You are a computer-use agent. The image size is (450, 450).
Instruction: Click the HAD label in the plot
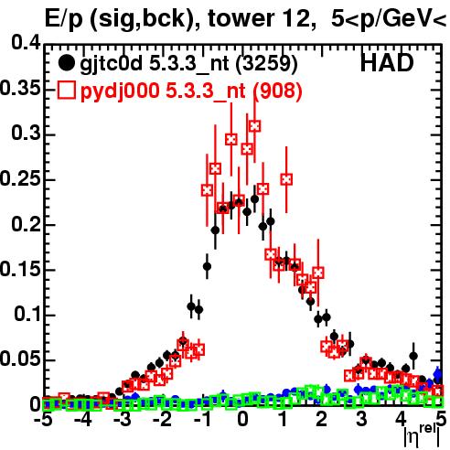coord(387,63)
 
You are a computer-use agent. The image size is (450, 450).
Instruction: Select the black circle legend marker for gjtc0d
coord(66,63)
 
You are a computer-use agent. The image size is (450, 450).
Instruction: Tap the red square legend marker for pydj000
coord(66,90)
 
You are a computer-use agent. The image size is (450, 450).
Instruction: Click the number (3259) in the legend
coord(266,64)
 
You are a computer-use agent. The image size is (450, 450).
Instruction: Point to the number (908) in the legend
coord(277,91)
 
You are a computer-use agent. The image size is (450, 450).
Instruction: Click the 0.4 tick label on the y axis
coord(26,43)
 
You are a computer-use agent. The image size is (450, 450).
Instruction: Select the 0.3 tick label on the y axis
coord(26,133)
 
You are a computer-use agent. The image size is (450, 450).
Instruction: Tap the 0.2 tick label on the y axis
coord(26,224)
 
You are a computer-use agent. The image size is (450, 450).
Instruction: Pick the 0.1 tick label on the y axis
coord(27,314)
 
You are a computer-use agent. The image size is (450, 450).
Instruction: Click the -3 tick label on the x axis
coord(123,419)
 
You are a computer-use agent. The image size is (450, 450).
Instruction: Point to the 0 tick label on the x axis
coord(242,419)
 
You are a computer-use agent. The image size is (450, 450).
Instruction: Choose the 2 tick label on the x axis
coord(322,419)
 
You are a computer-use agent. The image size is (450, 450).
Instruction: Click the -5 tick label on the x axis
coord(44,419)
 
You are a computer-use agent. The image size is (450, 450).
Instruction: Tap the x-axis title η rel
coord(423,435)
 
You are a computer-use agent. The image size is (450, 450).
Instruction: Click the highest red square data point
coord(255,126)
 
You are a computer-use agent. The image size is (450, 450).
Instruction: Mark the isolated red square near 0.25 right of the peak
coord(286,179)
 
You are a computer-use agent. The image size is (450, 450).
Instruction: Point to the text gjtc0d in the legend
coord(112,65)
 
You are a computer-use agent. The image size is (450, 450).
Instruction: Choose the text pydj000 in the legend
coord(120,91)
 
